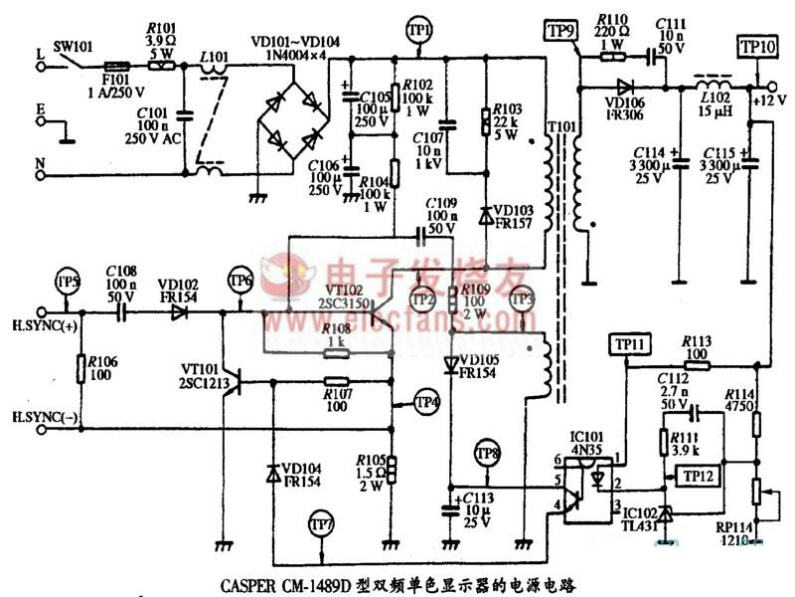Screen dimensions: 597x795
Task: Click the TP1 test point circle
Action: click(420, 32)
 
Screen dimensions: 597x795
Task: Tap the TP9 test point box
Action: click(560, 31)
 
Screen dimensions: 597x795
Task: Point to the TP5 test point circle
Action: click(67, 280)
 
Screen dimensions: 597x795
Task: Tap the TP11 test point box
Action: click(627, 345)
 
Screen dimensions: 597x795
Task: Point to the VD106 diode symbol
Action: click(625, 87)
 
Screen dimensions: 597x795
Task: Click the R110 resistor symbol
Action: click(612, 58)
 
